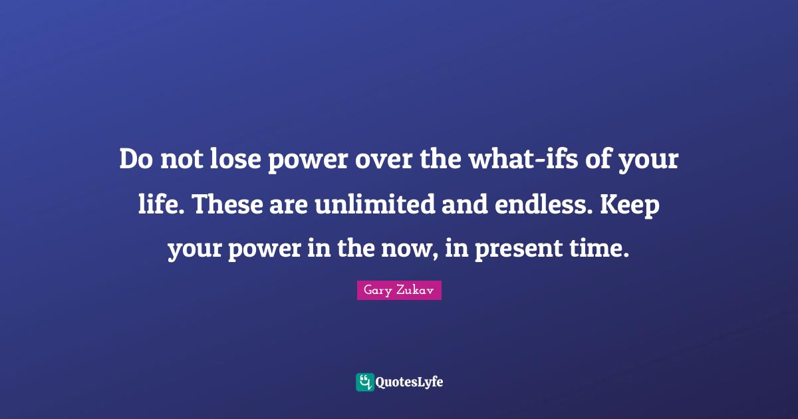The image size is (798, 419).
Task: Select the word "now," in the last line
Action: (418, 249)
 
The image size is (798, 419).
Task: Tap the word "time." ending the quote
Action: (602, 249)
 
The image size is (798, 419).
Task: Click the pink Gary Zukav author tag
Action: (399, 291)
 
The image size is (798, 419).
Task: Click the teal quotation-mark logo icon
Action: (364, 382)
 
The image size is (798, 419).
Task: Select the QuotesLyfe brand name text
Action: (410, 382)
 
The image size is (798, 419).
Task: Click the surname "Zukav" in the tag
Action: (416, 291)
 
